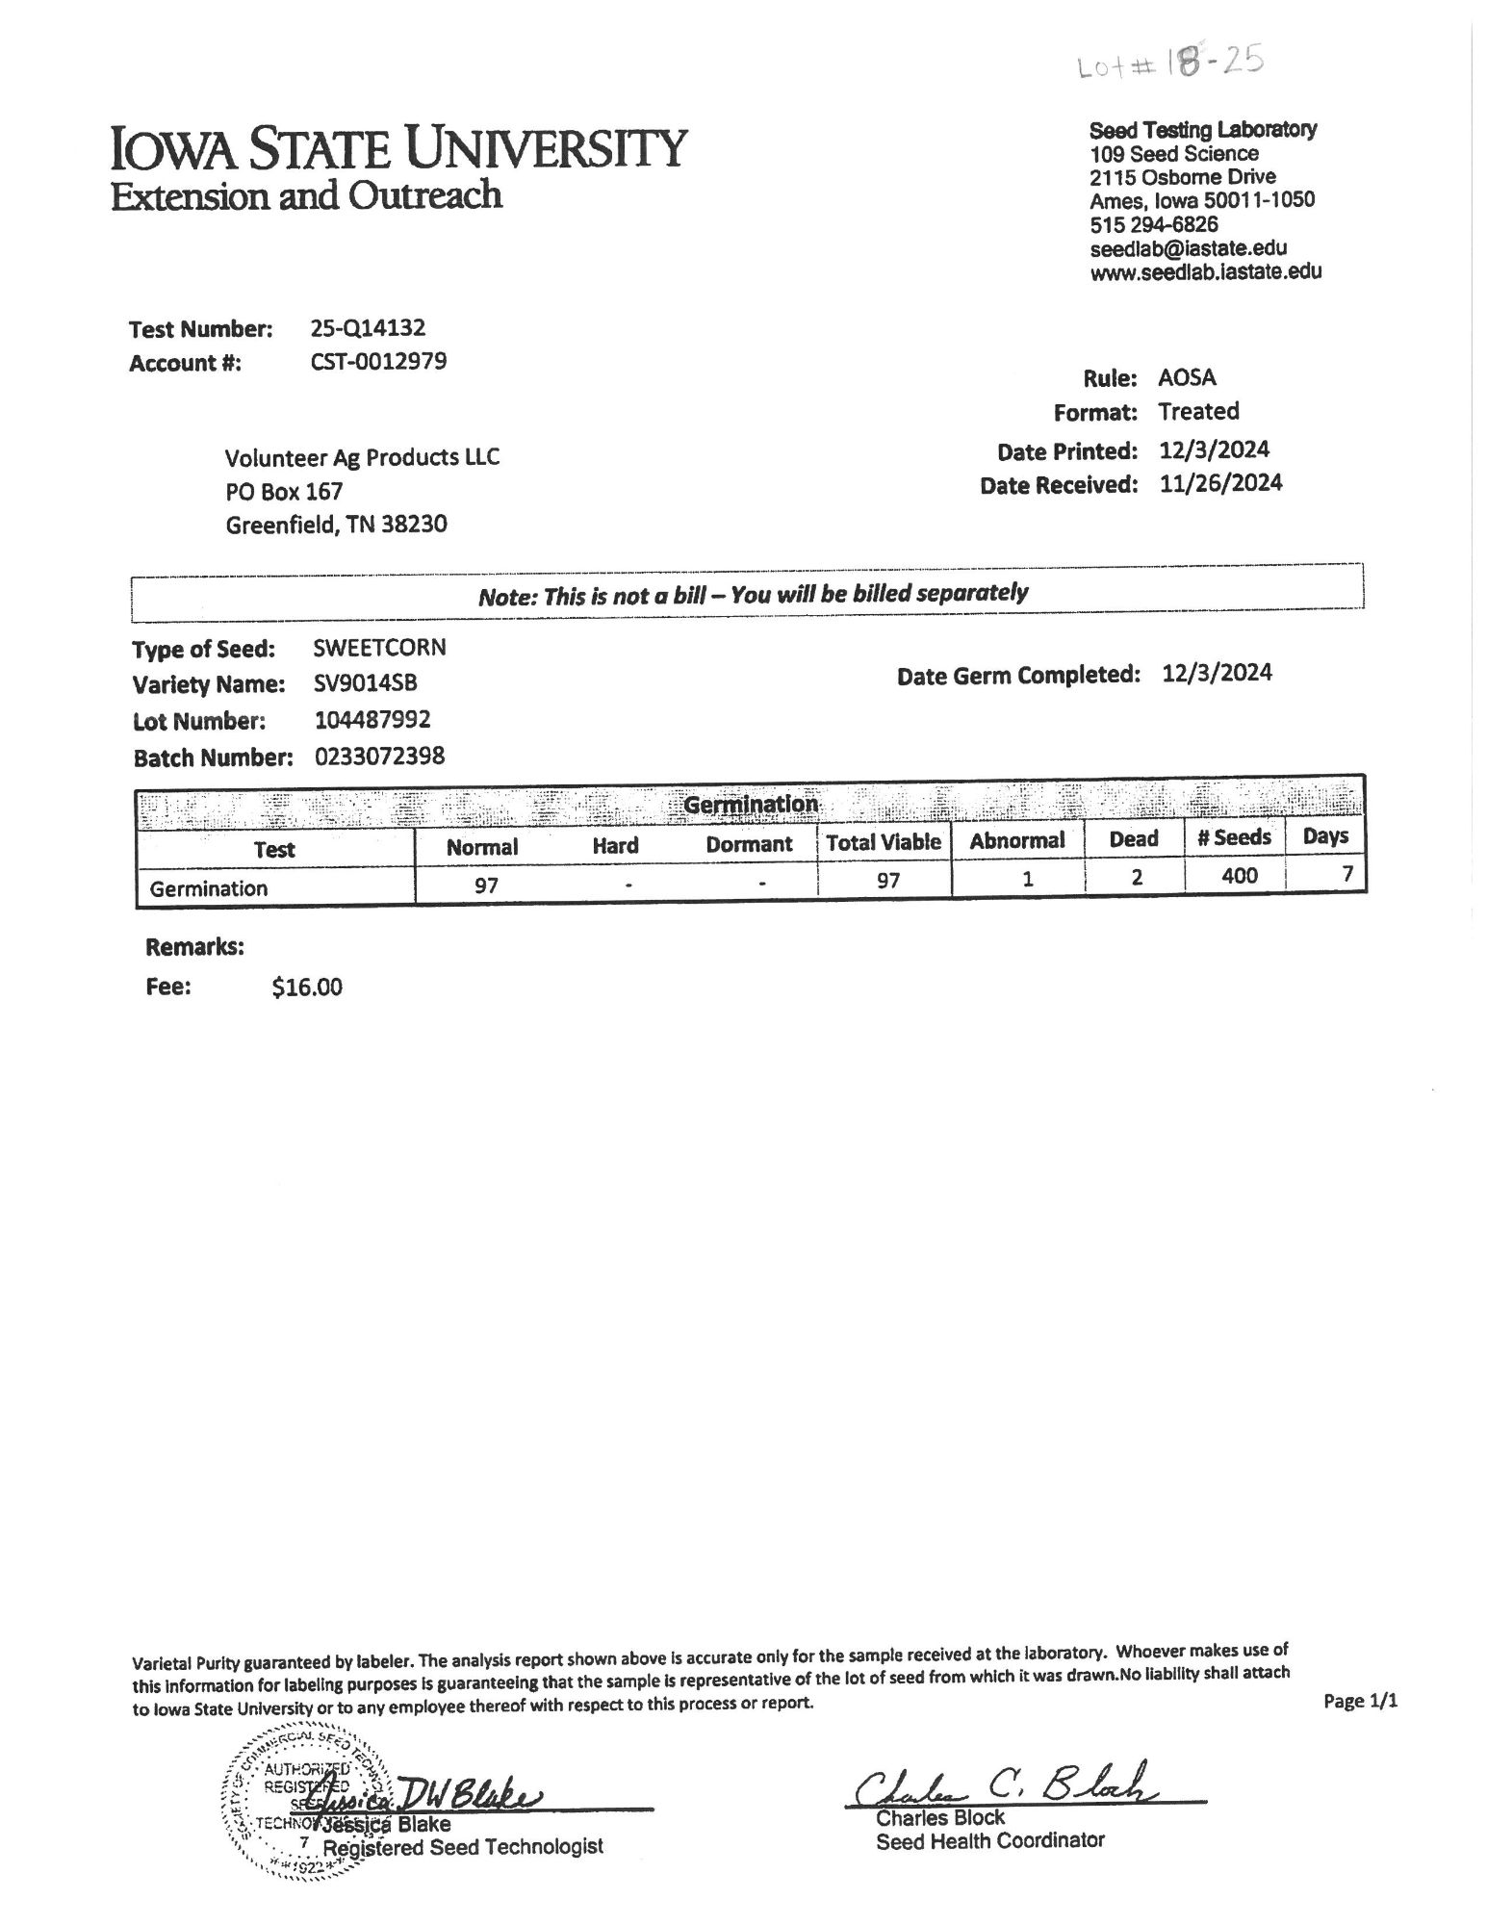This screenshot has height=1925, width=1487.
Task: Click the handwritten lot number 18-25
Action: [1168, 66]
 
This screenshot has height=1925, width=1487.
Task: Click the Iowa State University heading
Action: [399, 149]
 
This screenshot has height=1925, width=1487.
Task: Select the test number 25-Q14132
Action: [368, 328]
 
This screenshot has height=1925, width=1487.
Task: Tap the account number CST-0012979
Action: [378, 362]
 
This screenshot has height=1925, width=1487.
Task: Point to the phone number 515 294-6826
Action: [1153, 224]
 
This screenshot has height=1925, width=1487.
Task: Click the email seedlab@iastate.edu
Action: [1188, 248]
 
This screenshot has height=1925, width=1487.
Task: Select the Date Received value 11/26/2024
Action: [1220, 483]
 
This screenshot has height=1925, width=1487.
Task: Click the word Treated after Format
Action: [1198, 412]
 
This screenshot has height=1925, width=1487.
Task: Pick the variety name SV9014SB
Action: [366, 683]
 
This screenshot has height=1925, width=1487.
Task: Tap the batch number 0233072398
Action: [379, 757]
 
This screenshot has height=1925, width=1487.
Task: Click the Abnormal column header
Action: [1016, 840]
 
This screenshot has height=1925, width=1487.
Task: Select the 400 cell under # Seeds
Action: [1239, 875]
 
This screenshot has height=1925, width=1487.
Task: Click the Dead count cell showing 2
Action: [1137, 877]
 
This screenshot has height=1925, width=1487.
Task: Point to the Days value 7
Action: [1347, 873]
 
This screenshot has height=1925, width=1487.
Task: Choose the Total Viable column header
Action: [883, 842]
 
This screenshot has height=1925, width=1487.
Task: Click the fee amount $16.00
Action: [307, 987]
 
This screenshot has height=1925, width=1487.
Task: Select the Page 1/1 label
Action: [1360, 1701]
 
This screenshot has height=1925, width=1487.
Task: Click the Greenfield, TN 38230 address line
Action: [336, 526]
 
